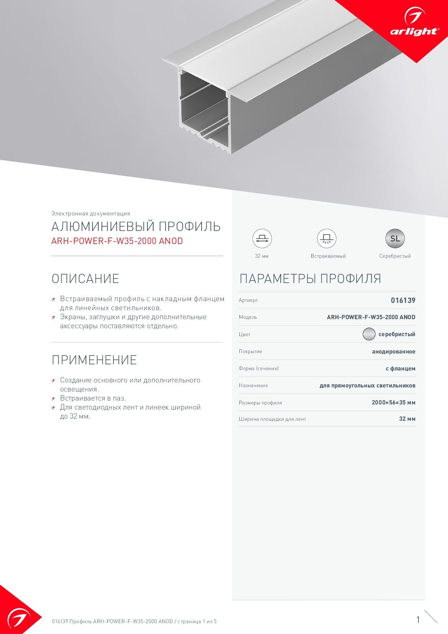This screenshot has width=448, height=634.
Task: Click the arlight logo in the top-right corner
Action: pos(414,25)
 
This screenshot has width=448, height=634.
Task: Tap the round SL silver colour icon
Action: pos(395,239)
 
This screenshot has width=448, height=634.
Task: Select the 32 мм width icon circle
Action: pos(262,239)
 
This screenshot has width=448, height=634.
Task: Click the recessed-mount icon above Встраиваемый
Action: pos(327,239)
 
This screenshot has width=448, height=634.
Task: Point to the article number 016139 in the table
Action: pos(403,300)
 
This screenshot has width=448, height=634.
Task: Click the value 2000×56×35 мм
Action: pos(393,402)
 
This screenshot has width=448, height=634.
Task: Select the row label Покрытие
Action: pos(250,351)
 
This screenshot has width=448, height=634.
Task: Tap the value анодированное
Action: pos(393,351)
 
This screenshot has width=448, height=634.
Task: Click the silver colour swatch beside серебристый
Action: pos(369,334)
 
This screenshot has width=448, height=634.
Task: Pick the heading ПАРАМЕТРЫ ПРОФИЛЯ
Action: pos(310,279)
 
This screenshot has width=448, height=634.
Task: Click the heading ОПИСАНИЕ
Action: pos(85,279)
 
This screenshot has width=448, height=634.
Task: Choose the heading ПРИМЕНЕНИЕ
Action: pos(94,360)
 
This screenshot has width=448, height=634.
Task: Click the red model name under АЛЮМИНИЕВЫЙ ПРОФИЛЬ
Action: pos(117,241)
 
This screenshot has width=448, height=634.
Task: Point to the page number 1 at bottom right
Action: pos(418,620)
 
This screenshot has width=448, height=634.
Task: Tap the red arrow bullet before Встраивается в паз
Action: pos(53,399)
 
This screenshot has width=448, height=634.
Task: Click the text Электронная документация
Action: pos(91,214)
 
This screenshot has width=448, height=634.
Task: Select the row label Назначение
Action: pos(253,385)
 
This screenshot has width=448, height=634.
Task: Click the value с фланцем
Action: pos(400,369)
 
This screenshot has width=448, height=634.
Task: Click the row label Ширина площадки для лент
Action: pos(272,419)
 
